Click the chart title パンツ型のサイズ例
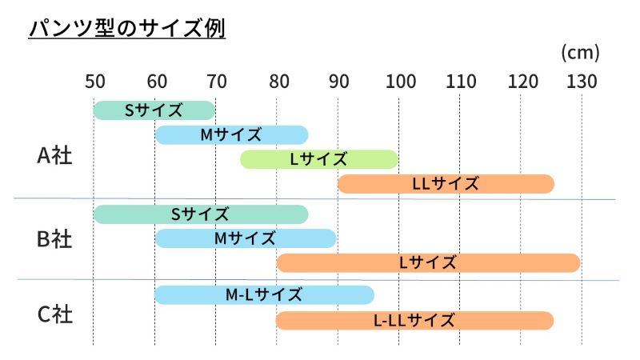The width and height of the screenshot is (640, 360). point(127,29)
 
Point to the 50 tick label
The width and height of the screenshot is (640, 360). point(94,82)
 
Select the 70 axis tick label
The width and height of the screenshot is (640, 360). point(216,82)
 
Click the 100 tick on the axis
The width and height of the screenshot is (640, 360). point(398,82)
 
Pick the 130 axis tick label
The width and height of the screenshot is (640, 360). point(582,82)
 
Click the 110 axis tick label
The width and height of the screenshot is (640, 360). point(459,82)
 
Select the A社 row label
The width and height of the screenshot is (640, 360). point(55,155)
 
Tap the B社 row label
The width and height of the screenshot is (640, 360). point(55,238)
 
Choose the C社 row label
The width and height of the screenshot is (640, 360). point(55,314)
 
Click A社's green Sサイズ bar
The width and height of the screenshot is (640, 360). point(154,110)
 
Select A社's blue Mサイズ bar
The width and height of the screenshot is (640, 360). point(231,134)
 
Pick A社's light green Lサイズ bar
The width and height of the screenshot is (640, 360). point(318,159)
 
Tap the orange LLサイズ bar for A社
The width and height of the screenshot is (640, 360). point(446,184)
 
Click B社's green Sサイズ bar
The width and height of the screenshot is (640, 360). point(201,214)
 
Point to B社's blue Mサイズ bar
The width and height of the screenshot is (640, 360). point(245,238)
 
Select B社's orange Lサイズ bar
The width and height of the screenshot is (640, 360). point(428,262)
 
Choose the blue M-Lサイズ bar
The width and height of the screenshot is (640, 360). point(264,295)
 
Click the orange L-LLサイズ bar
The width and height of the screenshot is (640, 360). point(414,321)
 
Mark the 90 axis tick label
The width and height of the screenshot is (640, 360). point(338,82)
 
